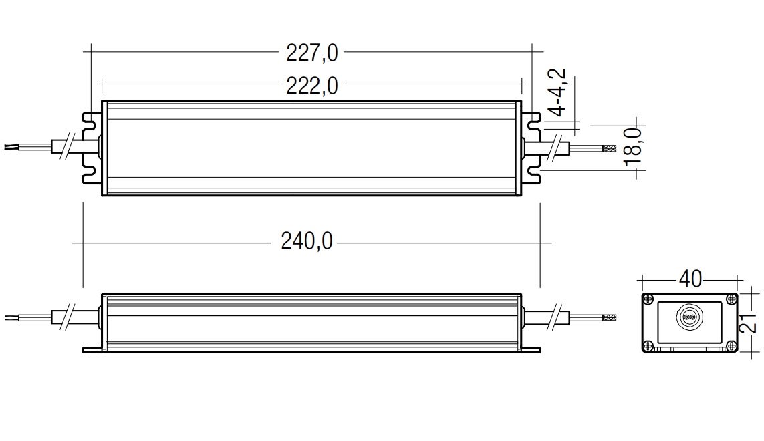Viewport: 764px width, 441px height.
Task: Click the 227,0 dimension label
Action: coord(312,53)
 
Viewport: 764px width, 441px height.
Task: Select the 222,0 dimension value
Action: coord(312,86)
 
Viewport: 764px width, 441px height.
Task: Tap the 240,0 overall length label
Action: coord(307,241)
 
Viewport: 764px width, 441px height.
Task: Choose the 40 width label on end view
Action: coord(690,279)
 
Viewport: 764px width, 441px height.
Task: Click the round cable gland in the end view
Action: coord(688,317)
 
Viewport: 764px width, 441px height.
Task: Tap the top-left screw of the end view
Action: coord(648,298)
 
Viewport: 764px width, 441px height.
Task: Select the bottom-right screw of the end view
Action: coord(731,346)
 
